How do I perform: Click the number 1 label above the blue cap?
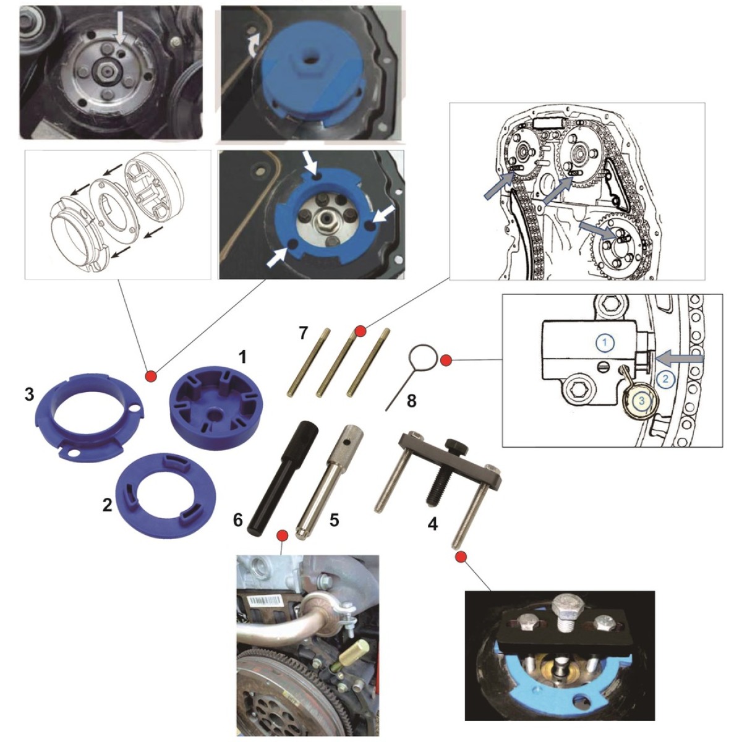pyautogui.click(x=242, y=358)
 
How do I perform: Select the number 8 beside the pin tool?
pyautogui.click(x=411, y=401)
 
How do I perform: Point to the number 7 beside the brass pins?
pyautogui.click(x=304, y=333)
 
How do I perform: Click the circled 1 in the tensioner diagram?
pyautogui.click(x=606, y=342)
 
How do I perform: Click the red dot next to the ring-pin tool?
pyautogui.click(x=445, y=360)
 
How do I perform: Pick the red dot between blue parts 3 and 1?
pyautogui.click(x=151, y=375)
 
